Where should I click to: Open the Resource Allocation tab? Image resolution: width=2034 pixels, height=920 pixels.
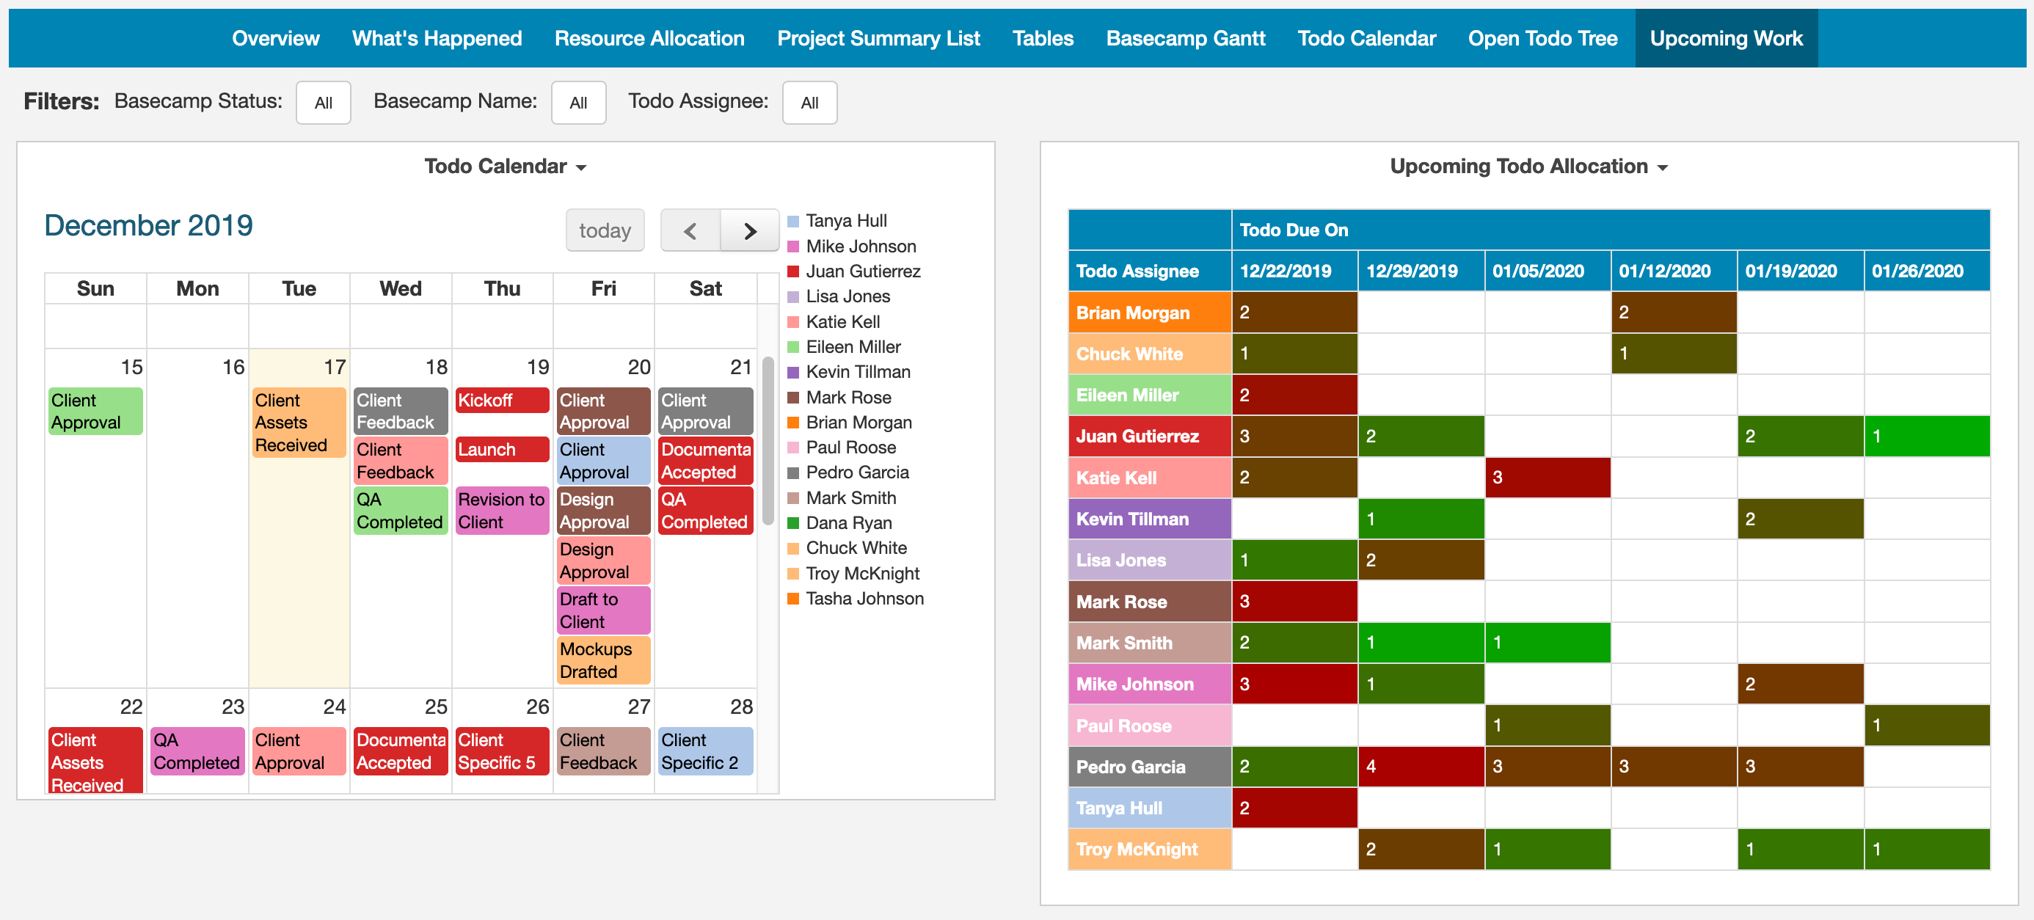coord(649,38)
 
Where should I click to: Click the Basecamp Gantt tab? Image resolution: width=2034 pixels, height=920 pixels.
coord(1185,38)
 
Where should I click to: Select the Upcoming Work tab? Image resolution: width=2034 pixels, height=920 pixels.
coord(1726,38)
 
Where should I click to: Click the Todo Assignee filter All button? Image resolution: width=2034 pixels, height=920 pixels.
coord(809,103)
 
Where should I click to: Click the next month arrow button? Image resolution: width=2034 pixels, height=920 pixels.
coord(749,230)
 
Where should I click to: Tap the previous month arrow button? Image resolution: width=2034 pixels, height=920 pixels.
coord(690,230)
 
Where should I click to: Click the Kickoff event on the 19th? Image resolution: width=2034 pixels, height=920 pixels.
coord(502,401)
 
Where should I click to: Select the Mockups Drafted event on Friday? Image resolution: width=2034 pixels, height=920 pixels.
coord(603,660)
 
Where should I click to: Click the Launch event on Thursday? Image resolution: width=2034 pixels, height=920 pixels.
coord(502,449)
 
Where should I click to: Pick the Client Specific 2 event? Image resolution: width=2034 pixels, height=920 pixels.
coord(705,751)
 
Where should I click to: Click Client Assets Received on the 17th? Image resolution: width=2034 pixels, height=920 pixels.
coord(299,423)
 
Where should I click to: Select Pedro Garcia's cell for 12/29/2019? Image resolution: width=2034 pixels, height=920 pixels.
coord(1421,766)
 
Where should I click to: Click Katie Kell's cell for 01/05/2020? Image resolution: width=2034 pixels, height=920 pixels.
coord(1548,478)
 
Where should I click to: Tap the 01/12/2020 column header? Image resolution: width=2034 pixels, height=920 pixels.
coord(1674,271)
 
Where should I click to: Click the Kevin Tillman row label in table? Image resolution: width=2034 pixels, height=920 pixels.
coord(1150,519)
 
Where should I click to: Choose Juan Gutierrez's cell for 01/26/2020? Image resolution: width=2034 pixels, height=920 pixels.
coord(1927,436)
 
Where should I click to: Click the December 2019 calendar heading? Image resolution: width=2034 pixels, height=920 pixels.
coord(148,226)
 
